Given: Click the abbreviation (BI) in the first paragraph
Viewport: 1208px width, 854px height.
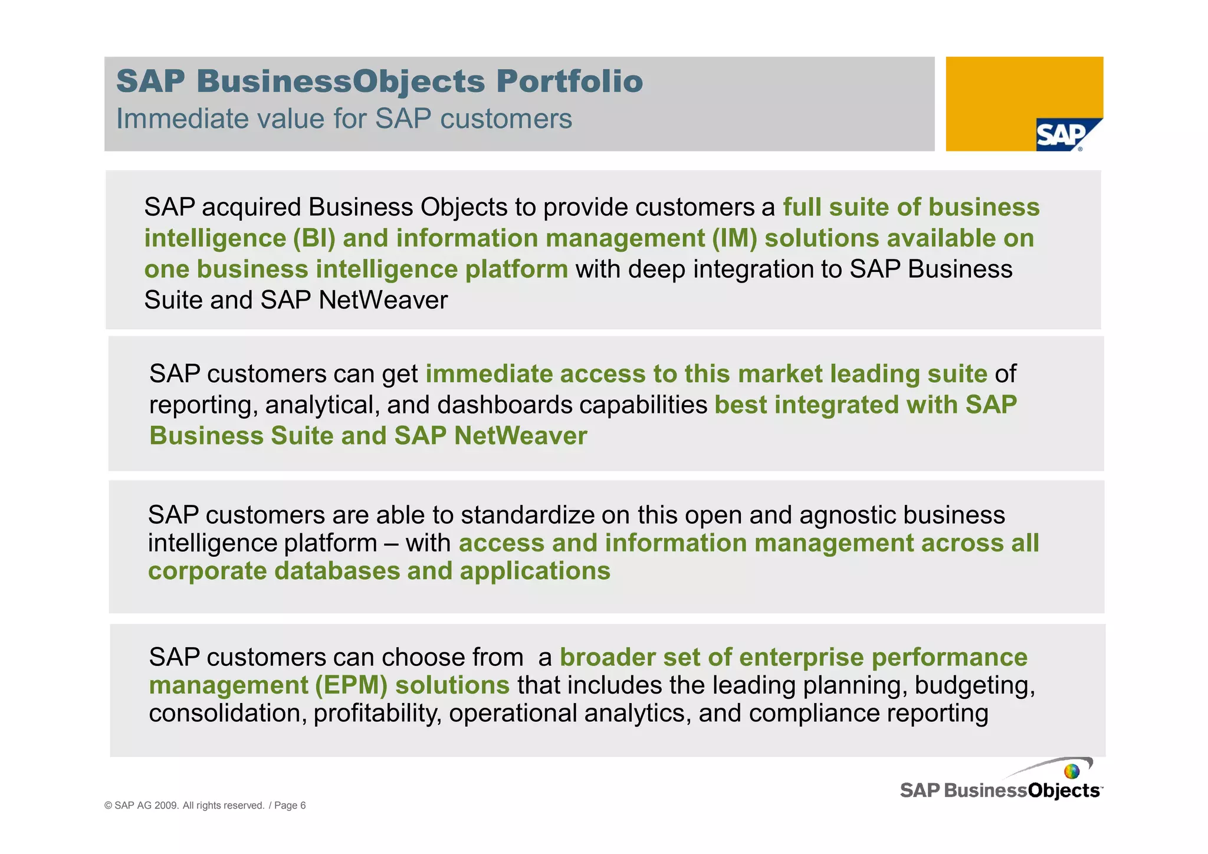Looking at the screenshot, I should pyautogui.click(x=314, y=238).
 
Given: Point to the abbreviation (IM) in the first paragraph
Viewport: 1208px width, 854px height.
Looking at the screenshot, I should pyautogui.click(x=734, y=238).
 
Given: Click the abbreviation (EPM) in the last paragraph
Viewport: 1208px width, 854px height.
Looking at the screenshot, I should pyautogui.click(x=351, y=685).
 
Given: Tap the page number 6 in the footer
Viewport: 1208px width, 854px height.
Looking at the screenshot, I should pyautogui.click(x=303, y=806).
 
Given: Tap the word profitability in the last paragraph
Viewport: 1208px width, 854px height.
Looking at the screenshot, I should pyautogui.click(x=377, y=713).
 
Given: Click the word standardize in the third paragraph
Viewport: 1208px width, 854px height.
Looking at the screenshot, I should pyautogui.click(x=528, y=515).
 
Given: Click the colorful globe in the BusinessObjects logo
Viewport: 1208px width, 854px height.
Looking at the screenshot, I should pyautogui.click(x=1071, y=771).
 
